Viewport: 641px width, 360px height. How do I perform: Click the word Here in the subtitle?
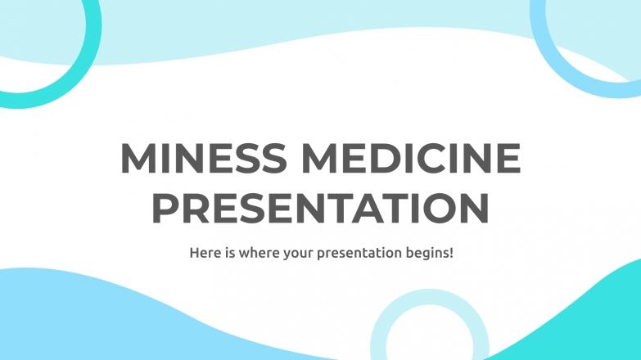click(x=205, y=253)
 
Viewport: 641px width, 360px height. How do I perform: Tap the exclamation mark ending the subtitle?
click(x=450, y=253)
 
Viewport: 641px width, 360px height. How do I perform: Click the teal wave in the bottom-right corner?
click(x=589, y=319)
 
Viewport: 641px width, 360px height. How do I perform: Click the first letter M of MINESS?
click(x=137, y=159)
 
